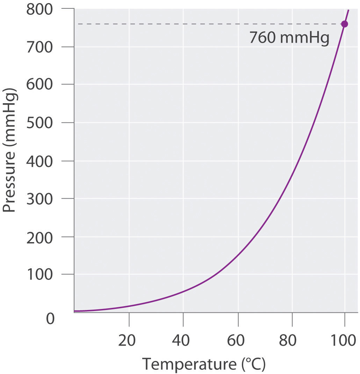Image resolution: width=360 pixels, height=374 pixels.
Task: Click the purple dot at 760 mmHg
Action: (x=344, y=24)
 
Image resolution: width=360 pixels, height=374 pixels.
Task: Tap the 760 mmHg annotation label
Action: (x=289, y=38)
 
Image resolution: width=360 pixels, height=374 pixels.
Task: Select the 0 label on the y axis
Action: (x=50, y=319)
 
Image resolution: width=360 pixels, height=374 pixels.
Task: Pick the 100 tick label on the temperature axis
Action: (x=344, y=340)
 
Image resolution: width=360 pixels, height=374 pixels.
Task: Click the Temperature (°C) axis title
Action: (x=203, y=364)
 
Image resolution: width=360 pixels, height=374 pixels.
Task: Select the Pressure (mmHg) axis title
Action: (x=9, y=154)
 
